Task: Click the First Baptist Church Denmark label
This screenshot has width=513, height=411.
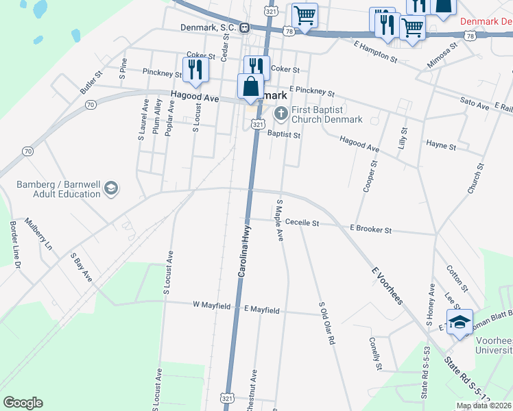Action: click(326, 114)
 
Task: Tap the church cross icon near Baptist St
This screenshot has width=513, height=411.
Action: click(280, 113)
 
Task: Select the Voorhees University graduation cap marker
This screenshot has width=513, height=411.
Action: click(460, 323)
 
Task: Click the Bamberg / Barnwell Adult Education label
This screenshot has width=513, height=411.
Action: click(59, 189)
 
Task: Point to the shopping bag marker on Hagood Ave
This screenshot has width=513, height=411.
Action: click(250, 87)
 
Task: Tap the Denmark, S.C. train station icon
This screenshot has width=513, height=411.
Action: click(244, 27)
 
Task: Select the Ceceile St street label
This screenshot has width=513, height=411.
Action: click(302, 223)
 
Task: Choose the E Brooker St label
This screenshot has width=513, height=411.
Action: click(370, 229)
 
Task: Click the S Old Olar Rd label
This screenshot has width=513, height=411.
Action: click(326, 323)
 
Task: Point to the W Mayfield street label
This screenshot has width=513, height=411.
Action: click(211, 306)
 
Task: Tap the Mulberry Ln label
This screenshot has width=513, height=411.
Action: click(38, 232)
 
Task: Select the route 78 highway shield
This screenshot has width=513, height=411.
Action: click(288, 32)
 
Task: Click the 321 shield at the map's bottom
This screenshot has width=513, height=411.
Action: click(227, 397)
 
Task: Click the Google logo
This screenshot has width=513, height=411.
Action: click(23, 402)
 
